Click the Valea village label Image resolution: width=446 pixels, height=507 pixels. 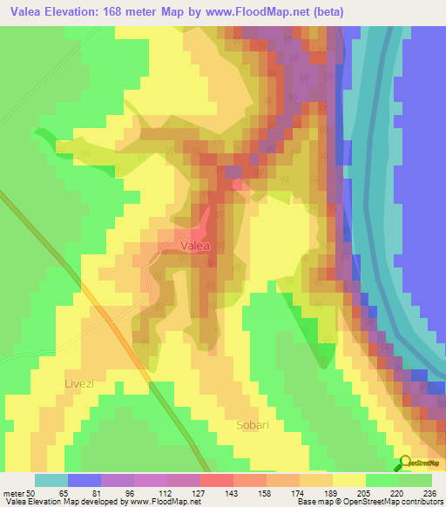(x=195, y=247)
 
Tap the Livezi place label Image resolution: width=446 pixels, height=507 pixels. (x=83, y=382)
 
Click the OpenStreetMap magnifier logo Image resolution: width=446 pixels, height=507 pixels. (x=406, y=463)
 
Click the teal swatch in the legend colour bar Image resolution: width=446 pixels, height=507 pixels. (x=51, y=480)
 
